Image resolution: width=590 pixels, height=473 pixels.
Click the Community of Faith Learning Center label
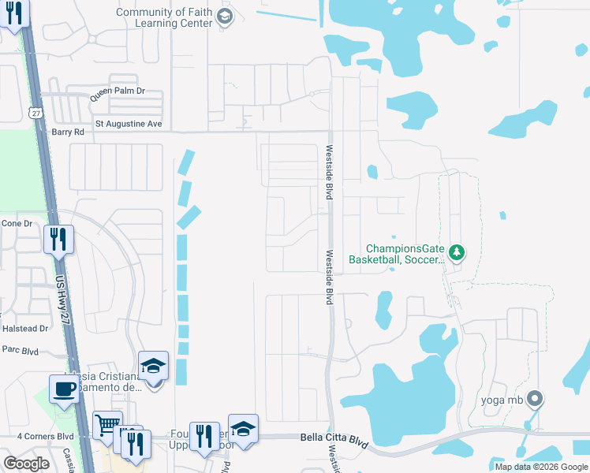click(164, 17)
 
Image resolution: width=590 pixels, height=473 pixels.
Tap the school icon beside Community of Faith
click(225, 17)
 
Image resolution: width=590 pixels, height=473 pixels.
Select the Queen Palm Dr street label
click(118, 91)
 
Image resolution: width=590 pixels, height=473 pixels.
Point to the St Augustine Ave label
click(129, 124)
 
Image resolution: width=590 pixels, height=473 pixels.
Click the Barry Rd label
click(68, 132)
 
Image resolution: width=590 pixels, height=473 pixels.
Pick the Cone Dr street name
click(17, 223)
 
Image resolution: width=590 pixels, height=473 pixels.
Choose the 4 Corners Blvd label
click(45, 435)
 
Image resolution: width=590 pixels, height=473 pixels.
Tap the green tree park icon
click(456, 252)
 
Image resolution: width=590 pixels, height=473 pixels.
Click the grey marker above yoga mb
click(536, 398)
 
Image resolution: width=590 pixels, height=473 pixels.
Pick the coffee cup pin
click(64, 388)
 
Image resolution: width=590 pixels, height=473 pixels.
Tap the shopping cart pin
click(107, 426)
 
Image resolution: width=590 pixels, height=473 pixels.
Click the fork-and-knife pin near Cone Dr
click(58, 239)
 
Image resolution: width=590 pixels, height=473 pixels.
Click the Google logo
click(26, 464)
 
